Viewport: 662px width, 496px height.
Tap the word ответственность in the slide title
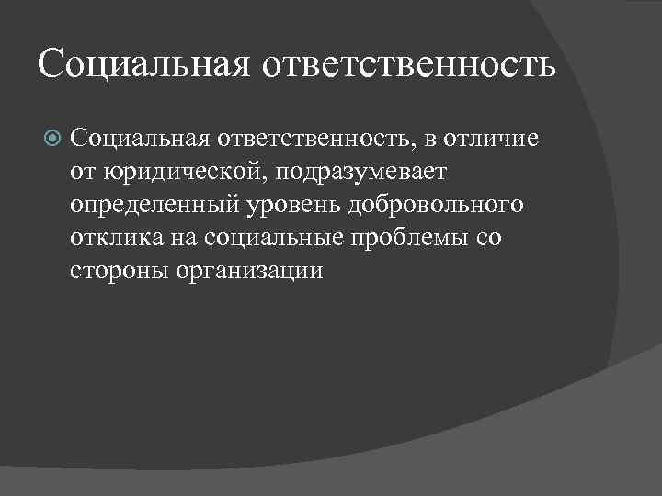[x=409, y=65]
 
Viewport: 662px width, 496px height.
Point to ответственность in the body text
[x=316, y=140]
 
